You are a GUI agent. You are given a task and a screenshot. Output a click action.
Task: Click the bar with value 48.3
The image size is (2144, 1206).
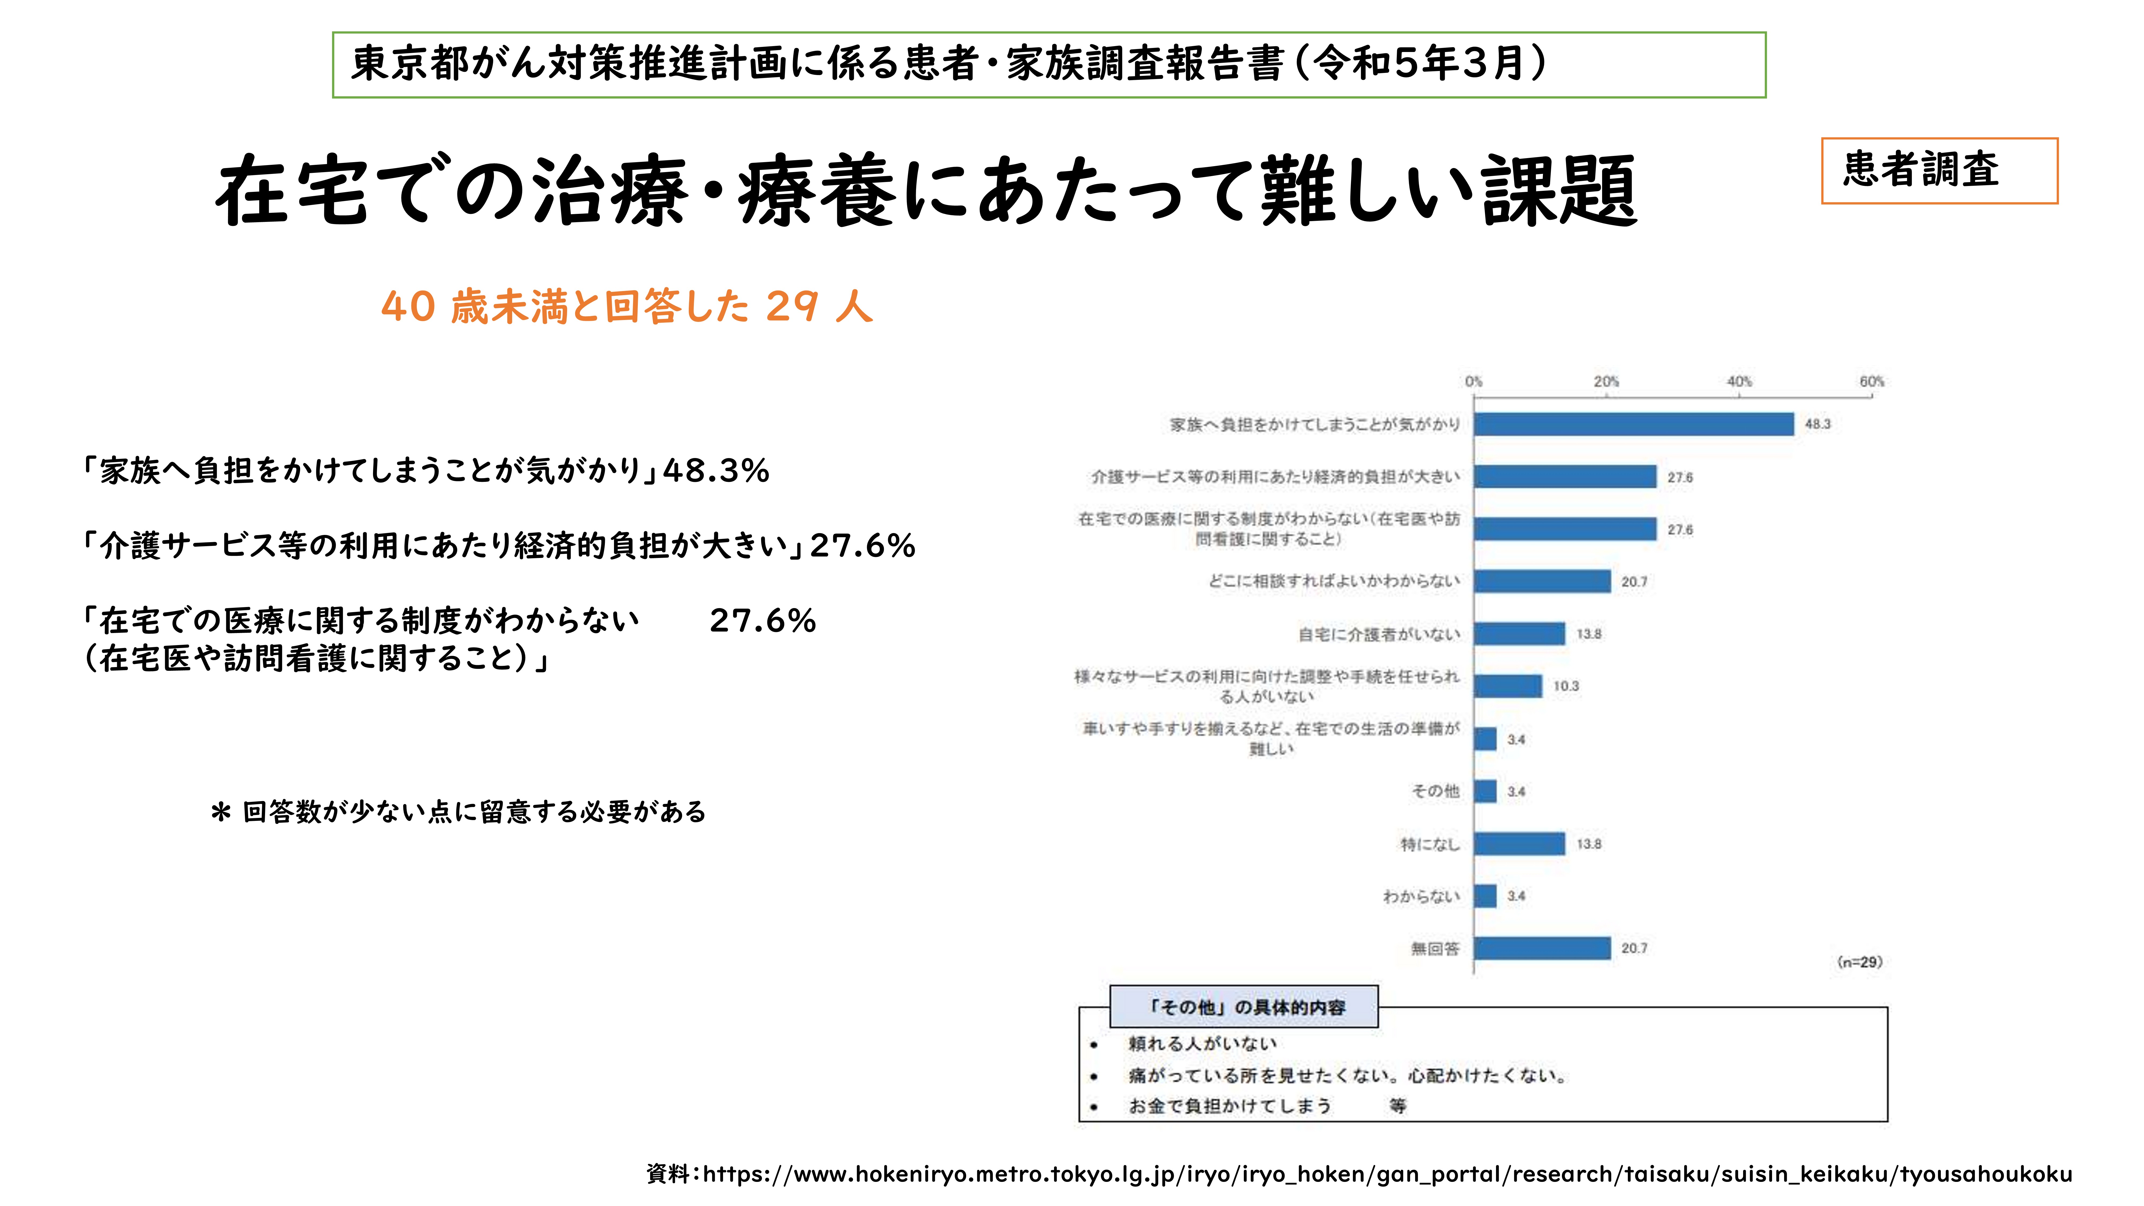coord(1633,425)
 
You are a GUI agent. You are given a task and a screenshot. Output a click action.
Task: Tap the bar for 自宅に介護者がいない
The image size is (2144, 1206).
coord(1519,633)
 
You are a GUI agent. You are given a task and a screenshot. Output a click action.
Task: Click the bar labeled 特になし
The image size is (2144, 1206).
coord(1519,844)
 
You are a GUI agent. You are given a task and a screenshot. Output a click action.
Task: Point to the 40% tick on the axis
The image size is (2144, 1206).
coord(1739,382)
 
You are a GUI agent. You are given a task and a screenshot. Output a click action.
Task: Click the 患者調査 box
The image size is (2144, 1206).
coord(1938,171)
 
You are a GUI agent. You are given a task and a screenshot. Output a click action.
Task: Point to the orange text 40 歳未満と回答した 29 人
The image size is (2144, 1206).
coord(627,306)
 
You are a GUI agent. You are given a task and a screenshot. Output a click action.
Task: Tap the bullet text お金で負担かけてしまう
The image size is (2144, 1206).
coord(1229,1106)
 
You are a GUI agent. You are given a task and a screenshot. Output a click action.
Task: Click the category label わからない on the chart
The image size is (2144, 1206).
coord(1421,896)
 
